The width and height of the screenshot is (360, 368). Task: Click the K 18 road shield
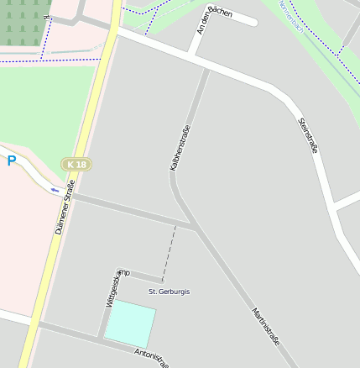pyautogui.click(x=76, y=164)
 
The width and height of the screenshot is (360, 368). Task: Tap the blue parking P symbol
pyautogui.click(x=12, y=160)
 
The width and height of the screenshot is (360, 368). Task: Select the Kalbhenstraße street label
pyautogui.click(x=180, y=147)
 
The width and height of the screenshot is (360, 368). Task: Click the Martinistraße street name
pyautogui.click(x=264, y=328)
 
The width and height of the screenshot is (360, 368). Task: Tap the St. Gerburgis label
pyautogui.click(x=169, y=292)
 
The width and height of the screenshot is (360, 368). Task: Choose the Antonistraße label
pyautogui.click(x=152, y=359)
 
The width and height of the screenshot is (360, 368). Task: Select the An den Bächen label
pyautogui.click(x=214, y=18)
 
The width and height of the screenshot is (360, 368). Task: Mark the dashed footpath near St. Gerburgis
pyautogui.click(x=168, y=252)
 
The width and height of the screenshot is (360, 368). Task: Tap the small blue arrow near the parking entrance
pyautogui.click(x=55, y=190)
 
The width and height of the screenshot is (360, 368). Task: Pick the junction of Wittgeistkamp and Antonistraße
pyautogui.click(x=102, y=339)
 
